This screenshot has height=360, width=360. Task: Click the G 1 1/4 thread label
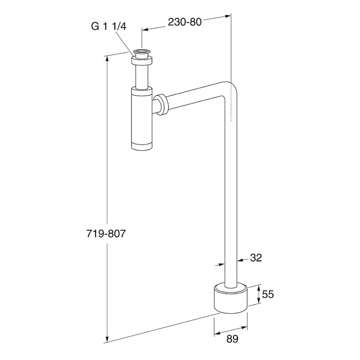tap(109, 26)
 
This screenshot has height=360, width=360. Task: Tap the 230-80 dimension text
tap(185, 22)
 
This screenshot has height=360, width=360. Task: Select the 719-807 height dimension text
tap(106, 234)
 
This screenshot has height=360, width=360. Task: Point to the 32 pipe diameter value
tap(256, 258)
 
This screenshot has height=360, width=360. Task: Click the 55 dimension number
tap(268, 294)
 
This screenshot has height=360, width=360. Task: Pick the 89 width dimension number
tap(232, 339)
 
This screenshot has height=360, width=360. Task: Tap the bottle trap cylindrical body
tap(142, 118)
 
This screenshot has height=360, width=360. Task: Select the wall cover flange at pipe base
tap(230, 298)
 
